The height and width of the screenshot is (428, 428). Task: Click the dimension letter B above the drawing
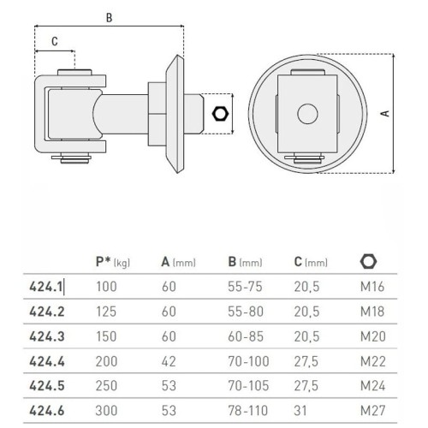click(109, 18)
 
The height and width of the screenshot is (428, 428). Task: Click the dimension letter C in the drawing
click(55, 42)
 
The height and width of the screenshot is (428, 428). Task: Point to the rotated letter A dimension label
click(385, 113)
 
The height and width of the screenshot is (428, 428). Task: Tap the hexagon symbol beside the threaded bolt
click(220, 114)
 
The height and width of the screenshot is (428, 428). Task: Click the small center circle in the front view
click(307, 114)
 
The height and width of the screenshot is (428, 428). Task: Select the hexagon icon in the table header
click(368, 261)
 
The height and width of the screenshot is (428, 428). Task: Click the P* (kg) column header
click(113, 262)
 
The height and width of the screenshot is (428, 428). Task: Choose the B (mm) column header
click(245, 262)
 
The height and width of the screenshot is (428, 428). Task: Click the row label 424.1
click(45, 287)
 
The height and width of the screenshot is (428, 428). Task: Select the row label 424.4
click(47, 361)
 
